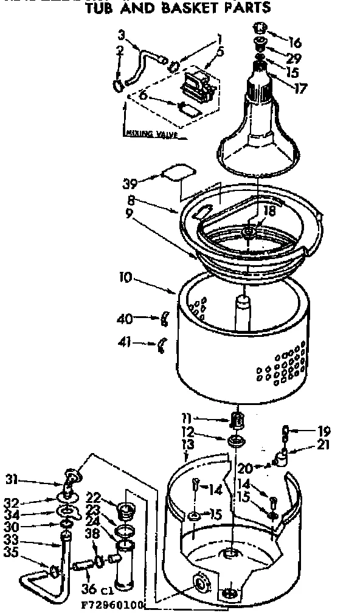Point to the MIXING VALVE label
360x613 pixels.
[153, 134]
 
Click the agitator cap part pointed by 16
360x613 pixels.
[260, 27]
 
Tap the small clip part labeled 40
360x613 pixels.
[164, 317]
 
